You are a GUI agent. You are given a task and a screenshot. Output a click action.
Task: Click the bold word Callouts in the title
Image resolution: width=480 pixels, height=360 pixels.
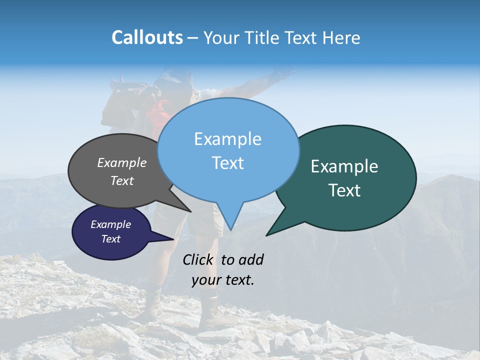point(147,37)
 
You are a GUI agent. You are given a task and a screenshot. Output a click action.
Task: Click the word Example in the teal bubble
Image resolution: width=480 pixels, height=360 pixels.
point(344,166)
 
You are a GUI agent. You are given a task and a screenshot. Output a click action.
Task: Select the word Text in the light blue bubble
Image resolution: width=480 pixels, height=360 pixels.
point(228,163)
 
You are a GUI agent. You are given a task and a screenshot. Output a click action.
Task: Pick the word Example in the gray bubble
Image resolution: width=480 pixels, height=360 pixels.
point(122,162)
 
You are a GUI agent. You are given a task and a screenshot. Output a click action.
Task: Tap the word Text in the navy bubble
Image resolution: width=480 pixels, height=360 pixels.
point(111,239)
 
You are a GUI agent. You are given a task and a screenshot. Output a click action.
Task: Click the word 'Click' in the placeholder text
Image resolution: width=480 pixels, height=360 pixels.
point(198,259)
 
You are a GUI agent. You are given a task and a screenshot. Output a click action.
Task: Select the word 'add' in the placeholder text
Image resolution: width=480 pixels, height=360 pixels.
point(251,259)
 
